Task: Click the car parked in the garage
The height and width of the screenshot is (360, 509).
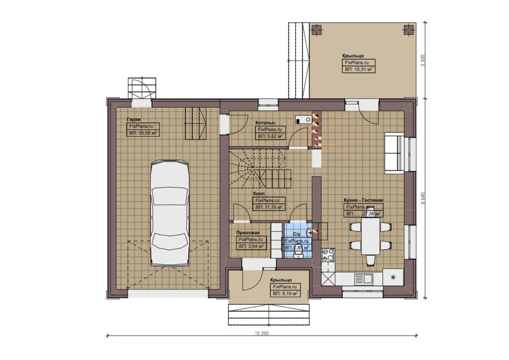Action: (169, 213)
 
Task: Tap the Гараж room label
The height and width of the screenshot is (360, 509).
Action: (134, 119)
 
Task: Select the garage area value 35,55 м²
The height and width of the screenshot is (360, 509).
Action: (143, 133)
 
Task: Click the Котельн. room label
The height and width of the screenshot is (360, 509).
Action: (265, 123)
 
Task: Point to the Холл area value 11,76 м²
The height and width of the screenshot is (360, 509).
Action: (269, 207)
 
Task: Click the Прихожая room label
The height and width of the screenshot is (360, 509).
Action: (248, 233)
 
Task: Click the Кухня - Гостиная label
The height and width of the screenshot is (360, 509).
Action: (363, 200)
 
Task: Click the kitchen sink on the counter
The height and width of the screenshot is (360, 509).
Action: (364, 278)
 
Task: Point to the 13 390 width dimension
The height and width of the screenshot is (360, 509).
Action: (261, 333)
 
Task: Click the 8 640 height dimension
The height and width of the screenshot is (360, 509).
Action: (423, 198)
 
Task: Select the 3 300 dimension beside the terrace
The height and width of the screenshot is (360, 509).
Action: (423, 60)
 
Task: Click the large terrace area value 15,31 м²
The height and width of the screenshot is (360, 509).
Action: (358, 69)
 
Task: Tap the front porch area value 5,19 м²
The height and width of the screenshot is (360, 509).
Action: (285, 294)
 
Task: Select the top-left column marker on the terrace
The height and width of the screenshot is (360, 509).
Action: (316, 30)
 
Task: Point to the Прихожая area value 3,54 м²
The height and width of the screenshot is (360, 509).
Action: (251, 246)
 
